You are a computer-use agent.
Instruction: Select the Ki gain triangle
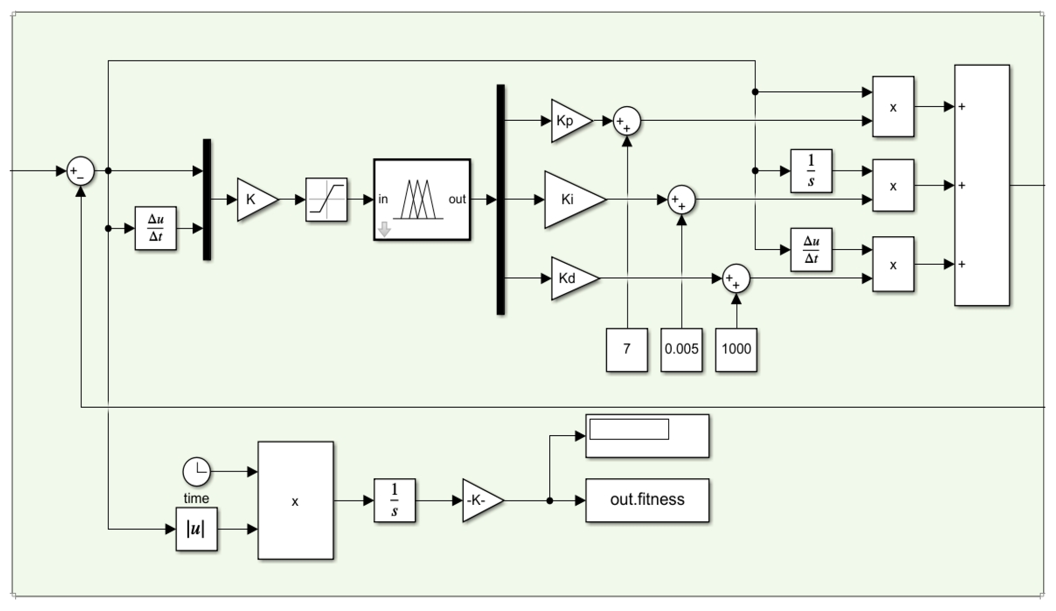pyautogui.click(x=571, y=199)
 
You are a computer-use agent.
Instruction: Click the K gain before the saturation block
pyautogui.click(x=254, y=199)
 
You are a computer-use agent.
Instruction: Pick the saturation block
pyautogui.click(x=326, y=199)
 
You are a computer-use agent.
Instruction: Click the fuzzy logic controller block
pyautogui.click(x=422, y=199)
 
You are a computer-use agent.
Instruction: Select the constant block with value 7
pyautogui.click(x=627, y=349)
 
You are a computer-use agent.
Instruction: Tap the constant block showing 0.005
pyautogui.click(x=681, y=349)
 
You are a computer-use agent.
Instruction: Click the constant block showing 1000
pyautogui.click(x=736, y=349)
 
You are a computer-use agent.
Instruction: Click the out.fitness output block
pyautogui.click(x=647, y=500)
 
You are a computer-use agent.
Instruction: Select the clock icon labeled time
pyautogui.click(x=196, y=472)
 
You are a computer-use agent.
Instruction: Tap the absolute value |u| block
pyautogui.click(x=196, y=529)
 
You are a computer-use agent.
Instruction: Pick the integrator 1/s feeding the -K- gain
pyautogui.click(x=394, y=500)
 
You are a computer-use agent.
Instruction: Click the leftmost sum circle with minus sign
pyautogui.click(x=80, y=171)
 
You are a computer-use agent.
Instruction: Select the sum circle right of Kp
pyautogui.click(x=627, y=121)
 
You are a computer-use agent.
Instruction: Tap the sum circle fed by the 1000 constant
pyautogui.click(x=736, y=278)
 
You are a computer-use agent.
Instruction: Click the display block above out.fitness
pyautogui.click(x=647, y=436)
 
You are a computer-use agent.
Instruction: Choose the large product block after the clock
pyautogui.click(x=295, y=500)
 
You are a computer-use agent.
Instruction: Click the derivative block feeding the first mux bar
pyautogui.click(x=155, y=228)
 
